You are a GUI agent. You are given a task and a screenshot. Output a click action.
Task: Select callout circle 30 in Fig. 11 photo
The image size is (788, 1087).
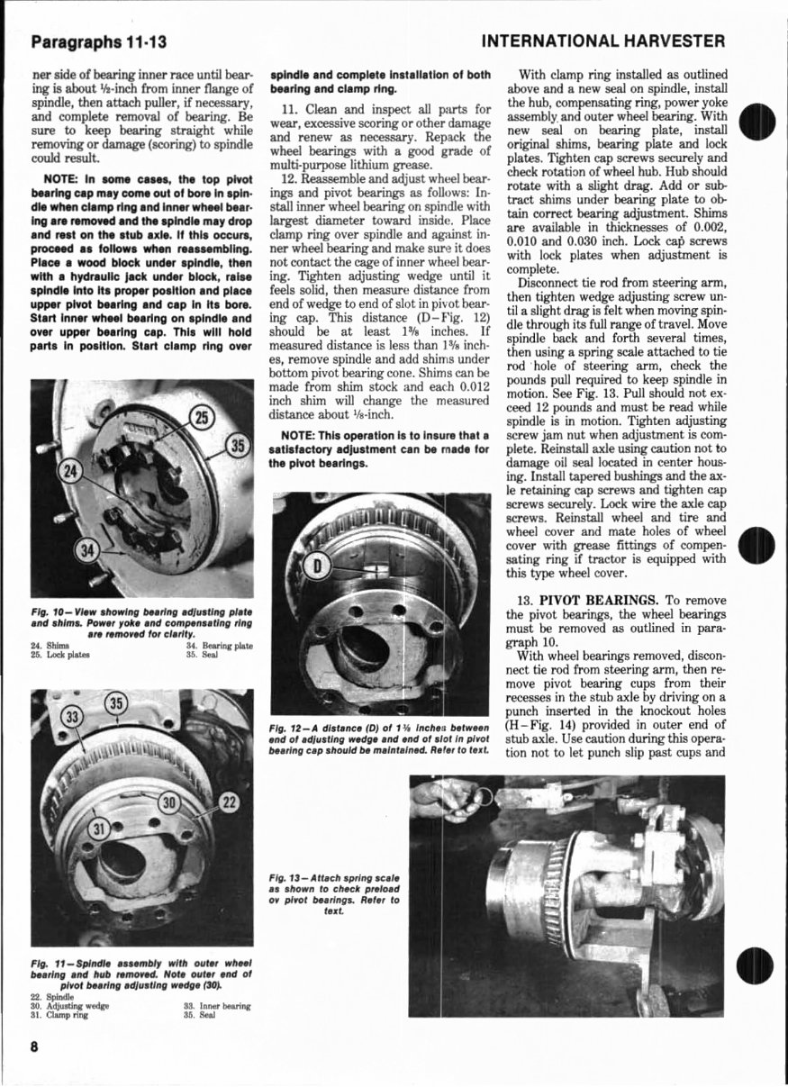coord(168,802)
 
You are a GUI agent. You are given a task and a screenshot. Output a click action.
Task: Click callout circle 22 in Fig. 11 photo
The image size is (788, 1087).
coord(229,802)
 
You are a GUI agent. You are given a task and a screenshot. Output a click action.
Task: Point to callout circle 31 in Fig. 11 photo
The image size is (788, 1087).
coord(102,827)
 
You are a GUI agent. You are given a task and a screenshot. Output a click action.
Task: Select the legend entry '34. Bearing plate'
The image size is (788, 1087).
coord(219,646)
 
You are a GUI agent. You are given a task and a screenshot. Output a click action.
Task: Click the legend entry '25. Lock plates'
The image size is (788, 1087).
coord(60,655)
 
